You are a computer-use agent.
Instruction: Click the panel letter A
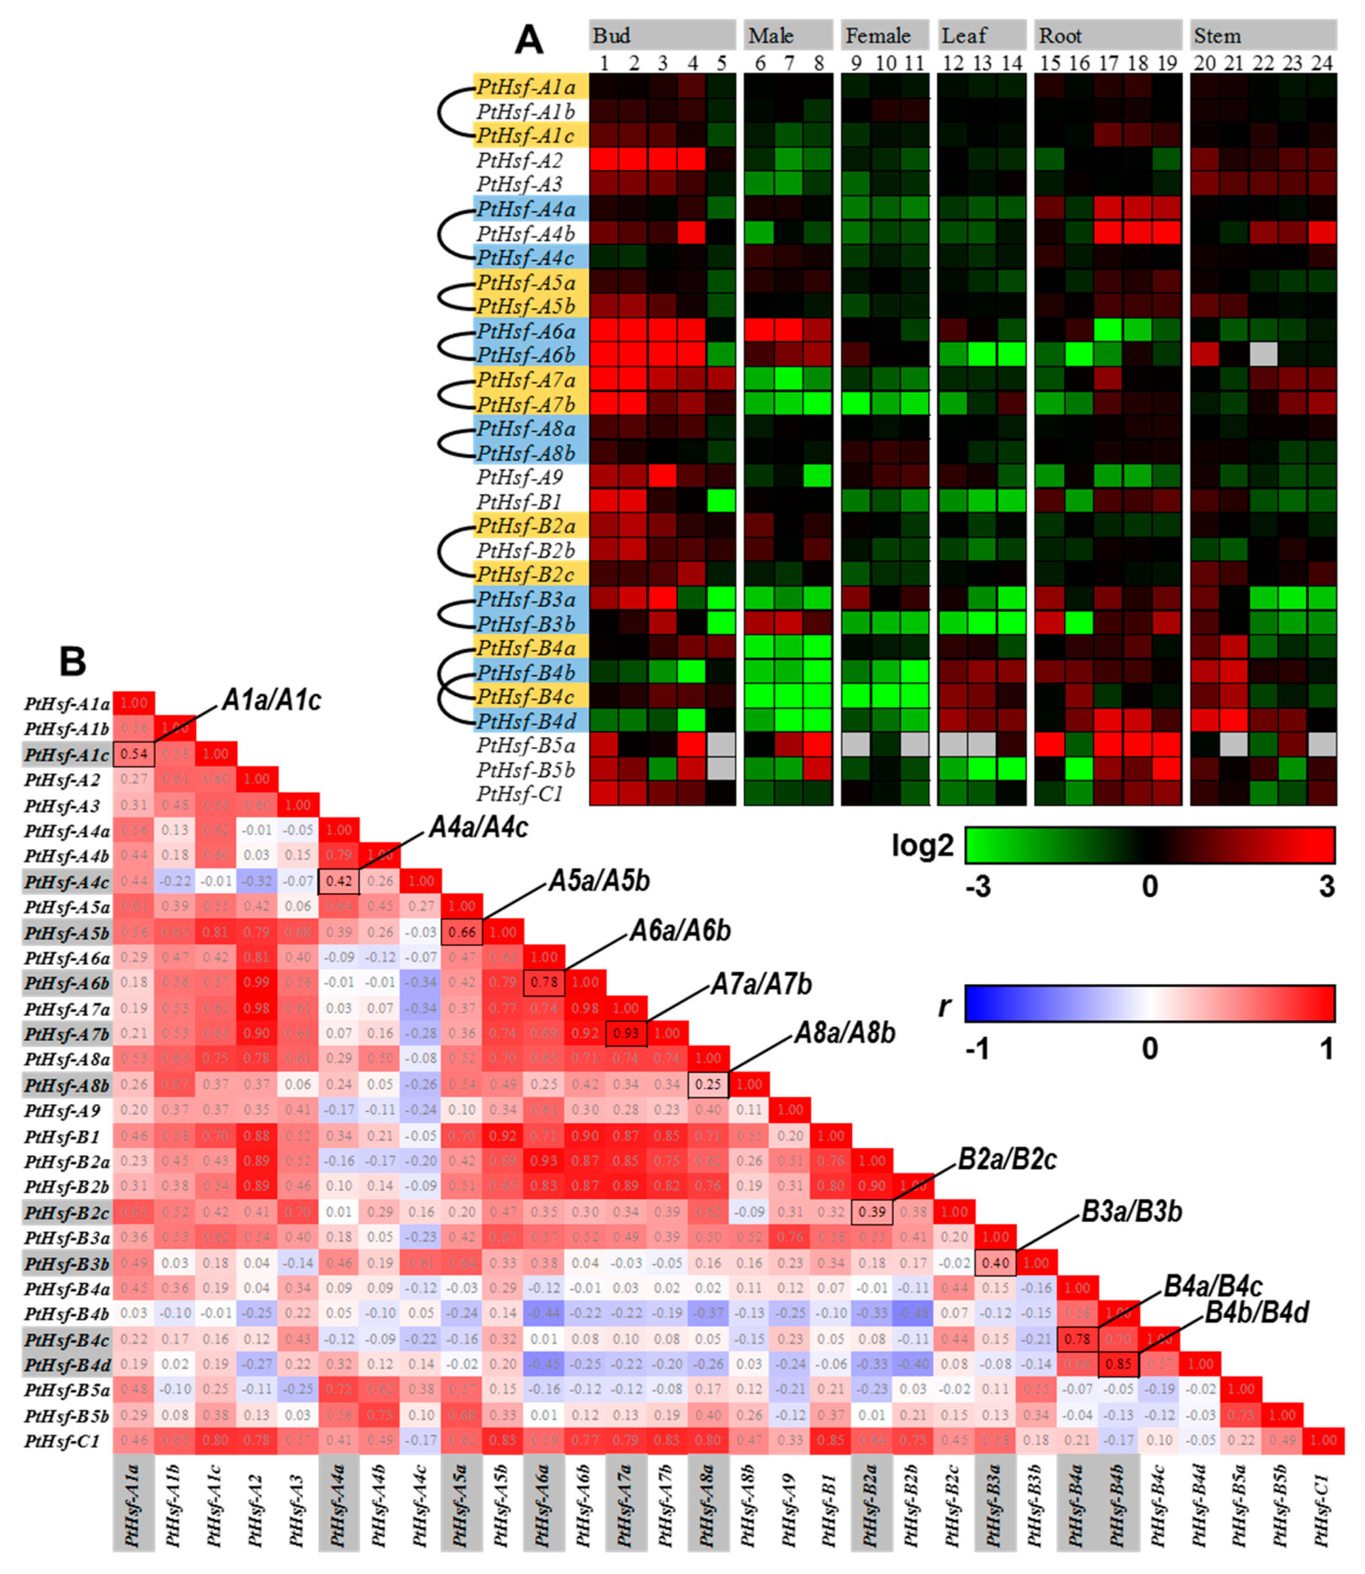529,40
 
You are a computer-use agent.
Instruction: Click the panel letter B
72,660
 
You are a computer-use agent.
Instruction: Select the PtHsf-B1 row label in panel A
519,501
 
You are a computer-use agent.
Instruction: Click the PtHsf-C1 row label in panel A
519,794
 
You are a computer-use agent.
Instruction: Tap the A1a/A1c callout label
271,700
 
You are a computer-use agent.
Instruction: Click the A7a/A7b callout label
761,984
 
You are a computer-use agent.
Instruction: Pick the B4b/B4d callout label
1256,1313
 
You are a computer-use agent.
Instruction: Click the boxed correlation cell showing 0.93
626,1033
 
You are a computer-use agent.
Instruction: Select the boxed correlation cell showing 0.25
708,1084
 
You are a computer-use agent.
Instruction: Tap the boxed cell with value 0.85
1118,1364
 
